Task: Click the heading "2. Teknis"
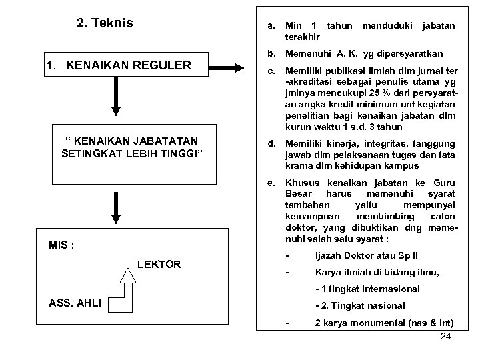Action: (x=105, y=23)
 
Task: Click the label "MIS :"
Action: (x=61, y=245)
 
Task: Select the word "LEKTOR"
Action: (x=159, y=265)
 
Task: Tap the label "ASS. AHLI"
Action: (x=75, y=303)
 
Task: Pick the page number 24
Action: (x=446, y=336)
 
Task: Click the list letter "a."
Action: (x=271, y=26)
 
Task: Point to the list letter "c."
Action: (x=271, y=71)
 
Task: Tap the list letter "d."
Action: (x=271, y=143)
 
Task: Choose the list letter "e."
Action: (x=271, y=183)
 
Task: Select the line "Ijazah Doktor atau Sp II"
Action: (x=365, y=256)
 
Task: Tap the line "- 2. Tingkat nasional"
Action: (x=359, y=305)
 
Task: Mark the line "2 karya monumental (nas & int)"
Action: (x=381, y=323)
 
